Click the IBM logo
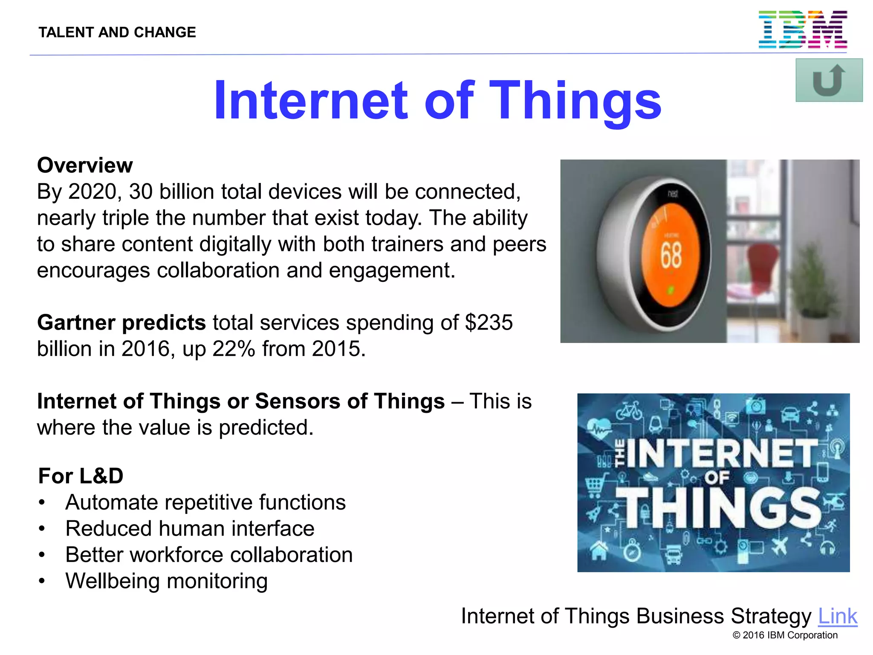point(802,30)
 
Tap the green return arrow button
point(829,80)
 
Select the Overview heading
point(85,165)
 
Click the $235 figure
point(489,322)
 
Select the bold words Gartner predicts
point(121,322)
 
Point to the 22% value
point(234,349)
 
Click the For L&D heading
point(81,476)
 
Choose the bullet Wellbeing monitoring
point(166,581)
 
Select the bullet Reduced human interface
point(190,529)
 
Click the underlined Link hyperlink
point(837,616)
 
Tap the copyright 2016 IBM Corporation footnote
point(785,635)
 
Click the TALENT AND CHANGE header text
point(117,32)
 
